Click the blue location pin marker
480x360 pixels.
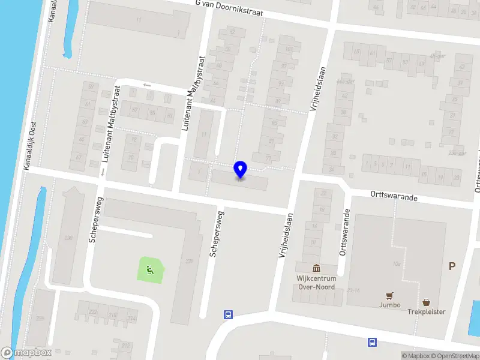[x=241, y=170]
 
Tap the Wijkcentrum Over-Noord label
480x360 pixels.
[x=316, y=282]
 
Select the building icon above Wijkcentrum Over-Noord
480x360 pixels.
[x=316, y=268]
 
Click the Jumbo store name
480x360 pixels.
[x=390, y=305]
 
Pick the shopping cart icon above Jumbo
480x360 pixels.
[x=390, y=296]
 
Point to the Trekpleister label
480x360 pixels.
[x=427, y=311]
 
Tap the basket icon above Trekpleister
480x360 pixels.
[x=427, y=302]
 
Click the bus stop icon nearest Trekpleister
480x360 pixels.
[x=373, y=343]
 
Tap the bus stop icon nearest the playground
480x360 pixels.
[x=228, y=314]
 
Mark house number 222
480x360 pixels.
[x=92, y=312]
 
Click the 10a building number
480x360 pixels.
[x=396, y=263]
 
